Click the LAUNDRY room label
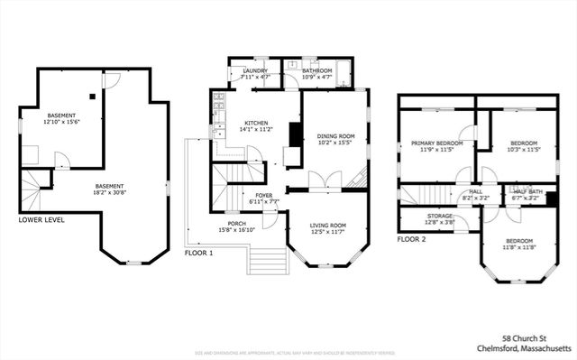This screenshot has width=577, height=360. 254,69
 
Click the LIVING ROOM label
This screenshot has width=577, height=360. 328,225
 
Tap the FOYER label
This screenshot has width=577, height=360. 263,194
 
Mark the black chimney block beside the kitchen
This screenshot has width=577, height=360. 294,135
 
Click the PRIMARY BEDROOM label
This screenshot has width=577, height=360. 437,143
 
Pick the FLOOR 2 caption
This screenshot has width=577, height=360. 412,239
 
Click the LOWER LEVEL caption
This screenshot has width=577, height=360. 41,219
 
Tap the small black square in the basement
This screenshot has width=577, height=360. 92,95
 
